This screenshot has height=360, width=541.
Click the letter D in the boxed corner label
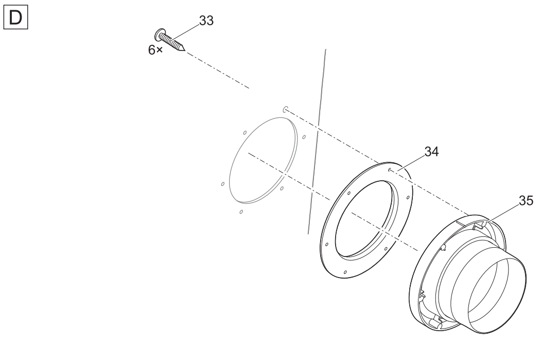click(x=15, y=18)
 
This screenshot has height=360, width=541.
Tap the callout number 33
click(x=206, y=21)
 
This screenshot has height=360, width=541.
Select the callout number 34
click(x=431, y=151)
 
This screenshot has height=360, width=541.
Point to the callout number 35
click(x=526, y=200)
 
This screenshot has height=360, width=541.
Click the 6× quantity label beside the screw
click(x=155, y=50)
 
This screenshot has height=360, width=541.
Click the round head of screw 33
click(x=159, y=35)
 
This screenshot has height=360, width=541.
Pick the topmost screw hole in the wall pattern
click(x=285, y=110)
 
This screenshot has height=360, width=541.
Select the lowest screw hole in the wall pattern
click(x=241, y=212)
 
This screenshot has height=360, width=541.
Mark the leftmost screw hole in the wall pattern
click(x=222, y=184)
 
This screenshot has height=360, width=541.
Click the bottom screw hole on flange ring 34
click(x=345, y=272)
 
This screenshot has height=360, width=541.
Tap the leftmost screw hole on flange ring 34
click(x=327, y=244)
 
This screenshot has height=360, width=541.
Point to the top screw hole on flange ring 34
click(x=389, y=169)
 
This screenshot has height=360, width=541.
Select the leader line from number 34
click(x=411, y=163)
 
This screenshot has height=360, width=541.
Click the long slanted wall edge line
click(x=317, y=142)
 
